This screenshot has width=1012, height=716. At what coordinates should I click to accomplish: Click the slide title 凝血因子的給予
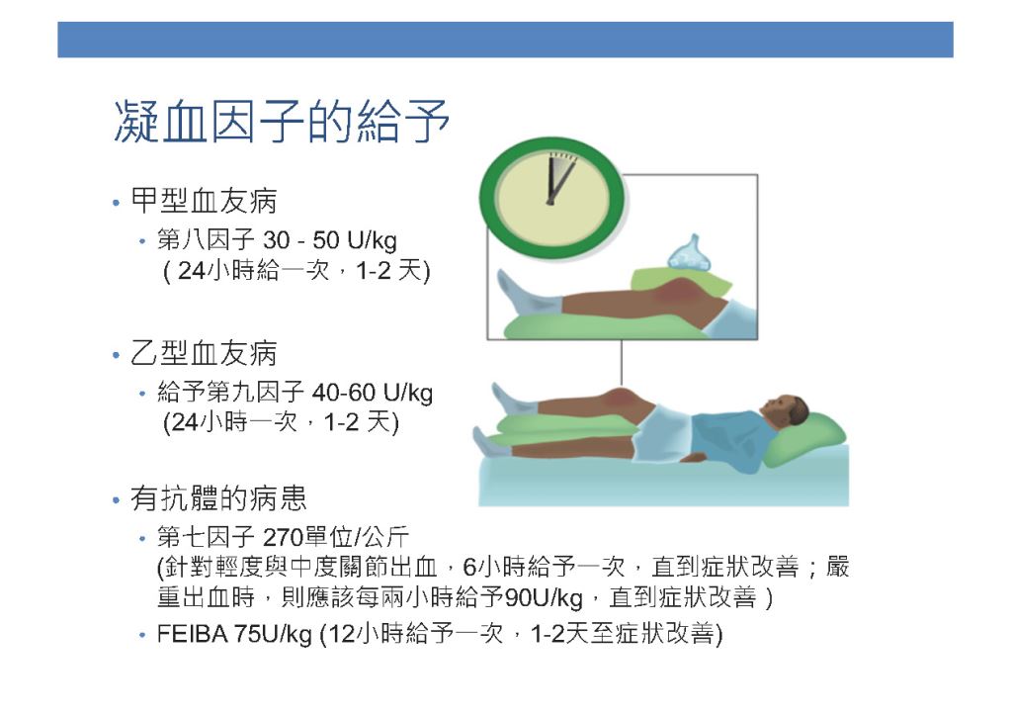click(282, 121)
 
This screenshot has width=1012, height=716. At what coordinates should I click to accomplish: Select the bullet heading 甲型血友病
click(204, 201)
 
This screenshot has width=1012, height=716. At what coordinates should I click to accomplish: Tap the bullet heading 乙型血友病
click(204, 353)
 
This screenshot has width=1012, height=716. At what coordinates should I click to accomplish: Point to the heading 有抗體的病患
click(218, 498)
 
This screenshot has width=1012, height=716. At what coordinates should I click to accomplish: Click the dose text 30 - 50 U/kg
click(330, 241)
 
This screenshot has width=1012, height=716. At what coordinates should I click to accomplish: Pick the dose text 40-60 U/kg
click(373, 393)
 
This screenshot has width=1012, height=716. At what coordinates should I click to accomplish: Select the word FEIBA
click(193, 634)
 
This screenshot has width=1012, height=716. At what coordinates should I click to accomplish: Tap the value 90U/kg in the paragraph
click(545, 598)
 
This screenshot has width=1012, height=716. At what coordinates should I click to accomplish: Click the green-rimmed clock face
click(551, 198)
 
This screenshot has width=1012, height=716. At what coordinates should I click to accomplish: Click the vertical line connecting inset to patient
click(622, 363)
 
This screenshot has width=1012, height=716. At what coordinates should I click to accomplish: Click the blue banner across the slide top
click(505, 40)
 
